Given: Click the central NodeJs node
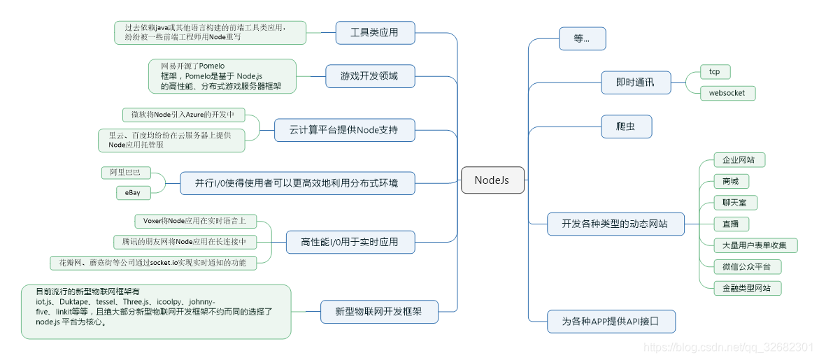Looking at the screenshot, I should (x=492, y=180).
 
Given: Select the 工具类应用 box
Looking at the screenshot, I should (x=374, y=32).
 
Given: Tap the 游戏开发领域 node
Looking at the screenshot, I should (x=369, y=76).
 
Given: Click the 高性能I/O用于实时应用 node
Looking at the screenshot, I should (x=350, y=242).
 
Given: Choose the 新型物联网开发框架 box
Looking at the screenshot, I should (x=379, y=311).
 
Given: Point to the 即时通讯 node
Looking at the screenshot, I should (x=635, y=82).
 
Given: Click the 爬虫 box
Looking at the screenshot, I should (x=627, y=127).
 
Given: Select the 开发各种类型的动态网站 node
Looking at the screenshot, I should (x=615, y=224).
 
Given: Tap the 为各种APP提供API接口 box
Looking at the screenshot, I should (x=611, y=322).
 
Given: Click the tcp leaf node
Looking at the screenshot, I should (x=714, y=72).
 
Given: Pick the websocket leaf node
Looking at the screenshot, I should (x=727, y=93).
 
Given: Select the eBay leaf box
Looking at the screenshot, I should (x=133, y=192).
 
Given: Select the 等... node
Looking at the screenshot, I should (x=582, y=38).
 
